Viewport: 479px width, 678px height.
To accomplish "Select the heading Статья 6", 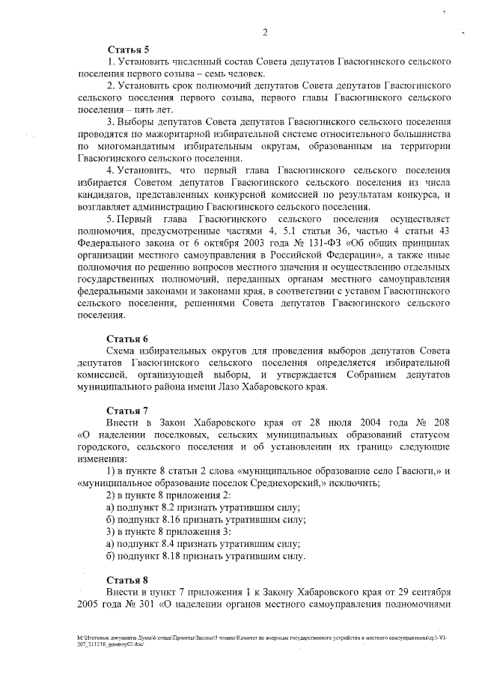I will tap(127, 339).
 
